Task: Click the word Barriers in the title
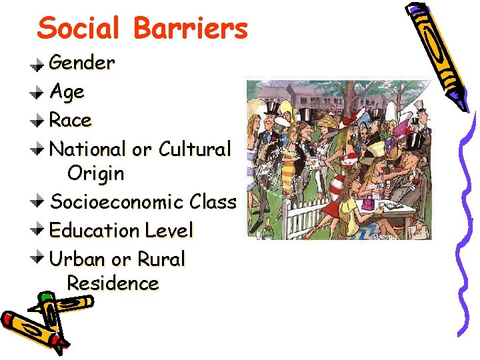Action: coord(190,29)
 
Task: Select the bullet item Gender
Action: coord(82,63)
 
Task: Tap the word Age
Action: coord(67,92)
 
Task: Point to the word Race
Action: coord(70,121)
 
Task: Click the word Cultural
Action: coord(194,149)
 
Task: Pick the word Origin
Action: coord(95,174)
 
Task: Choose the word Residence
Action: coord(113,283)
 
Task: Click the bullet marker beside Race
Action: coord(40,121)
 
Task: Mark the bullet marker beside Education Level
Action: coord(40,231)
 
